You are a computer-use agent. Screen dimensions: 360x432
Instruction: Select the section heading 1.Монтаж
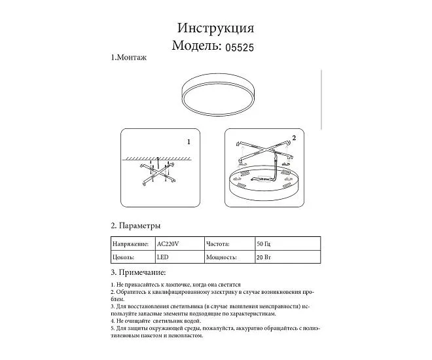pyautogui.click(x=128, y=58)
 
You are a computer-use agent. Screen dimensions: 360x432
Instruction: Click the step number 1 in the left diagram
pyautogui.click(x=188, y=141)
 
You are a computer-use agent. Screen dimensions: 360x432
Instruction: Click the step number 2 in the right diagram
pyautogui.click(x=294, y=138)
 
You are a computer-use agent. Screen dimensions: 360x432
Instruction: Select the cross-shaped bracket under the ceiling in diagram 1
pyautogui.click(x=156, y=175)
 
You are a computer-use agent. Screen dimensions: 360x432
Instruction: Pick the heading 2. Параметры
pyautogui.click(x=135, y=226)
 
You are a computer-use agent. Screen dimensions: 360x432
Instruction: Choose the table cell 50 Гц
pyautogui.click(x=264, y=243)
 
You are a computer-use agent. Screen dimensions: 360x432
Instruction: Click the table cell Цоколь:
pyautogui.click(x=124, y=258)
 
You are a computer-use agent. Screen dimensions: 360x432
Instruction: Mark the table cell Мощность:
pyautogui.click(x=221, y=258)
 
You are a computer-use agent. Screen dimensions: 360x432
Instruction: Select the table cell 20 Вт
pyautogui.click(x=264, y=258)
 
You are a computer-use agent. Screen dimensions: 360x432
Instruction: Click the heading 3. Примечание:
pyautogui.click(x=138, y=272)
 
